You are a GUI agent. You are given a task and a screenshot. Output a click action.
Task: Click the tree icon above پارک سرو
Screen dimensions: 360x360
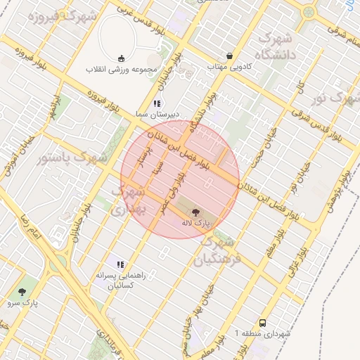23,291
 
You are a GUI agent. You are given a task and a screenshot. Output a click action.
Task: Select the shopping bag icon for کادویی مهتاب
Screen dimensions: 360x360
229,56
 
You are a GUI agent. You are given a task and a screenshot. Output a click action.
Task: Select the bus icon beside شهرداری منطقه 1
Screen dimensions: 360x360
262,323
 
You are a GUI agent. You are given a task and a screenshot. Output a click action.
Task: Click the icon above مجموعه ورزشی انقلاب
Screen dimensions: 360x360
122,58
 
